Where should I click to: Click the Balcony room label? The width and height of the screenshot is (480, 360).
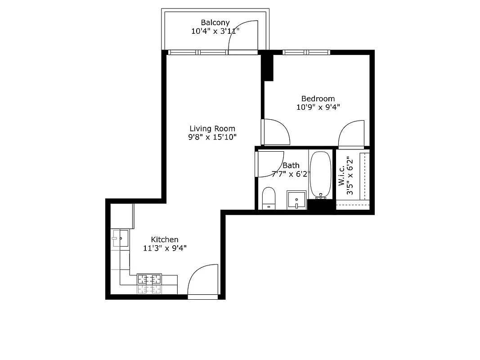215,22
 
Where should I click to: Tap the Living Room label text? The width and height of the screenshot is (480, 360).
212,129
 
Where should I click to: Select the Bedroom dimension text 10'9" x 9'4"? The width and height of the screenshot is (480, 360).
318,107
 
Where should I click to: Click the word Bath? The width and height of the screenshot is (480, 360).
291,166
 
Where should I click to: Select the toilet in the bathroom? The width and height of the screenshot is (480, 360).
269,198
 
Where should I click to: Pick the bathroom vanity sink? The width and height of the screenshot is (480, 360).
296,199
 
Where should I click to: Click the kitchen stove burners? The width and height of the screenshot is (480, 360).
149,284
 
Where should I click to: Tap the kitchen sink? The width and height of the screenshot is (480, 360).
121,238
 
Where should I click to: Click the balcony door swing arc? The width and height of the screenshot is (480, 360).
243,36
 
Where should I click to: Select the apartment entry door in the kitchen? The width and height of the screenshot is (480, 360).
202,281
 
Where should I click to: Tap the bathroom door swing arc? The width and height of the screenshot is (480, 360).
269,164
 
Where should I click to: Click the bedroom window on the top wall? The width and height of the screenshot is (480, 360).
306,52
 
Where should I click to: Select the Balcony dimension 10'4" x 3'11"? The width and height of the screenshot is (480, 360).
215,31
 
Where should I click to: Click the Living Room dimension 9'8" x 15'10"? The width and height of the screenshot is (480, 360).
212,137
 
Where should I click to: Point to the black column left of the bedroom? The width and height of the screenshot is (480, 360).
268,66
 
